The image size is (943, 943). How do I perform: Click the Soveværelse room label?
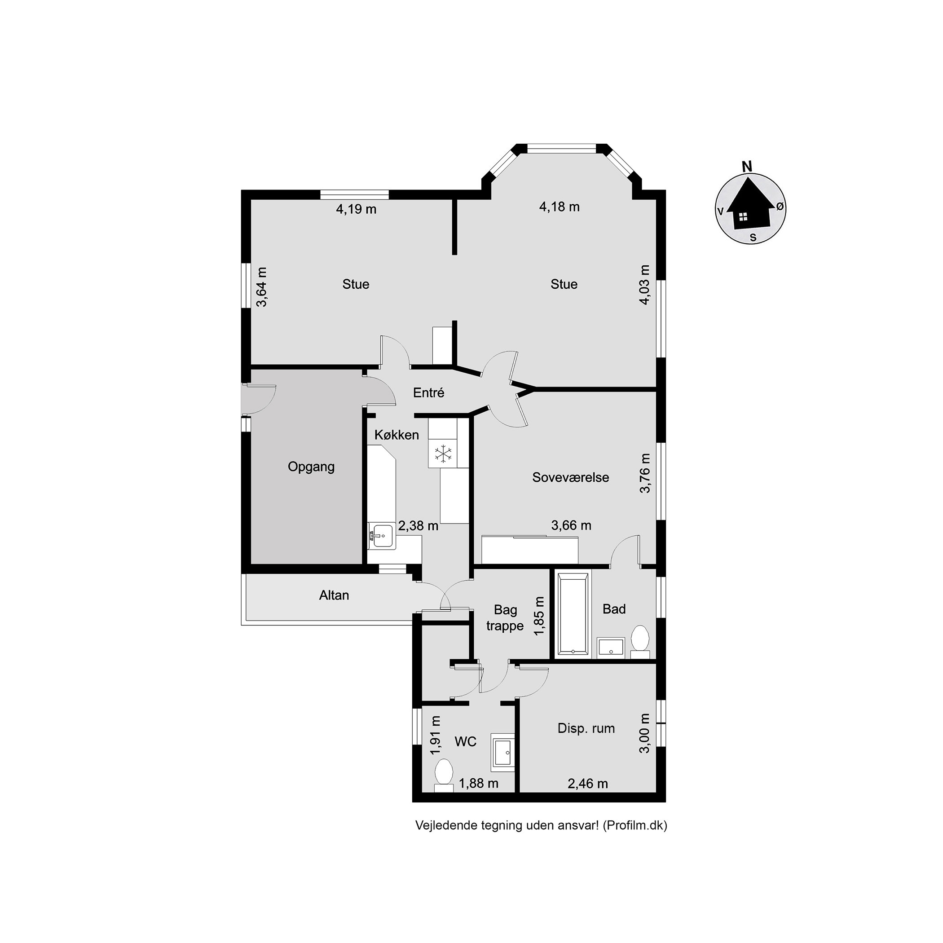tap(571, 477)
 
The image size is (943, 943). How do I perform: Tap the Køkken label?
tap(397, 435)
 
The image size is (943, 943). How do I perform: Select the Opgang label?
tap(311, 467)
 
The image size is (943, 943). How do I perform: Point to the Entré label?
tap(428, 392)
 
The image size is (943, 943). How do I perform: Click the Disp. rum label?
tap(586, 728)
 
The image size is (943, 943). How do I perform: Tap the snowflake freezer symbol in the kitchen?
tap(443, 454)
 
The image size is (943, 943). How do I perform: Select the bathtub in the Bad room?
tap(573, 613)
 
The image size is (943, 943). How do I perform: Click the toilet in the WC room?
tap(444, 774)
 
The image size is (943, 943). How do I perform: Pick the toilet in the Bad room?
tap(640, 639)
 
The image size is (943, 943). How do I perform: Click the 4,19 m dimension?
tap(356, 209)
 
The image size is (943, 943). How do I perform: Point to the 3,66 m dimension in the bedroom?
tap(571, 525)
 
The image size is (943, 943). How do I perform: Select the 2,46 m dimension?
tap(588, 784)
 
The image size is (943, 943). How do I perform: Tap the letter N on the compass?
tap(747, 166)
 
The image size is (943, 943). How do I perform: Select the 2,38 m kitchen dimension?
tap(419, 526)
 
